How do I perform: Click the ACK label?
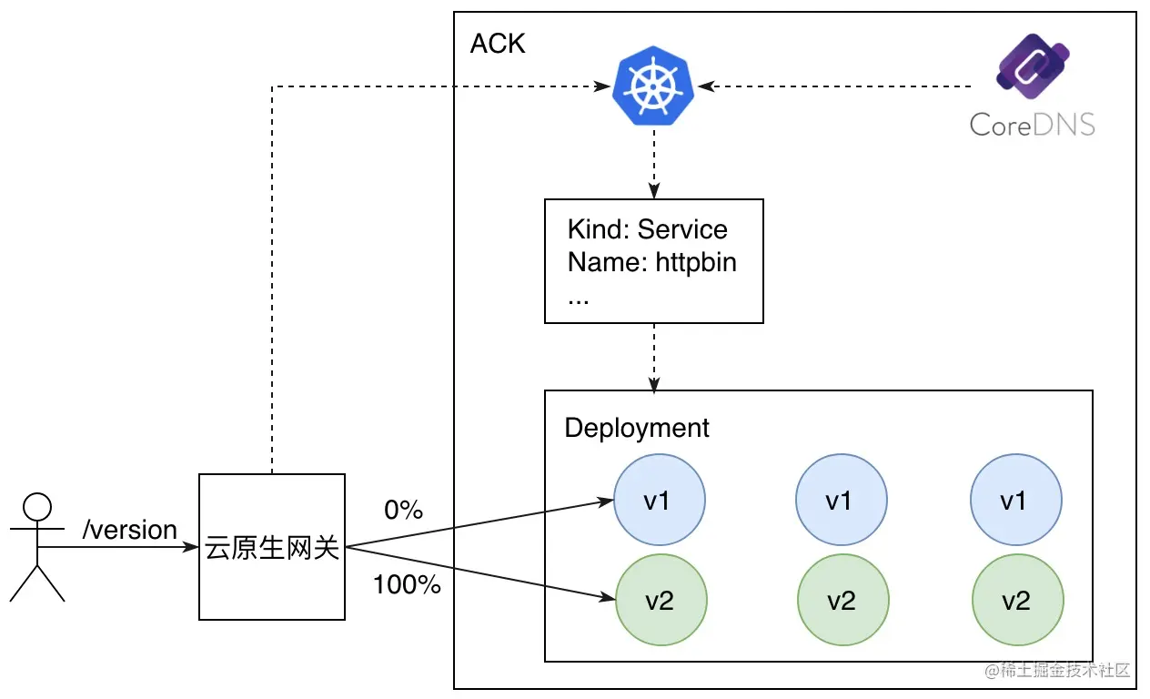pyautogui.click(x=498, y=44)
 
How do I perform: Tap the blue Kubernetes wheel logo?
pyautogui.click(x=653, y=86)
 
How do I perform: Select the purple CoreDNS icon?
pyautogui.click(x=1033, y=66)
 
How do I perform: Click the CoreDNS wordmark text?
pyautogui.click(x=1033, y=125)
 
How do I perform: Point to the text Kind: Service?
pyautogui.click(x=648, y=229)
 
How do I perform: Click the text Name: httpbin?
pyautogui.click(x=652, y=262)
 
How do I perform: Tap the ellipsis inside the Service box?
pyautogui.click(x=578, y=301)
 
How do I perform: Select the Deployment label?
pyautogui.click(x=637, y=428)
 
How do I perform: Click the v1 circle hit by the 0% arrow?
pyautogui.click(x=660, y=500)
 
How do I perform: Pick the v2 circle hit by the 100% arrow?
pyautogui.click(x=661, y=600)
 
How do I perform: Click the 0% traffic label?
pyautogui.click(x=404, y=510)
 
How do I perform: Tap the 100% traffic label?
pyautogui.click(x=407, y=584)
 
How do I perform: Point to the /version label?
pyautogui.click(x=130, y=530)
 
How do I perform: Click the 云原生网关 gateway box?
pyautogui.click(x=272, y=547)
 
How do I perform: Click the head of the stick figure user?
pyautogui.click(x=37, y=507)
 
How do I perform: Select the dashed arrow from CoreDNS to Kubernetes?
pyautogui.click(x=834, y=86)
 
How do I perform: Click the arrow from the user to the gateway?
pyautogui.click(x=118, y=547)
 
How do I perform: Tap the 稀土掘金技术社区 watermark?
pyautogui.click(x=1057, y=670)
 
